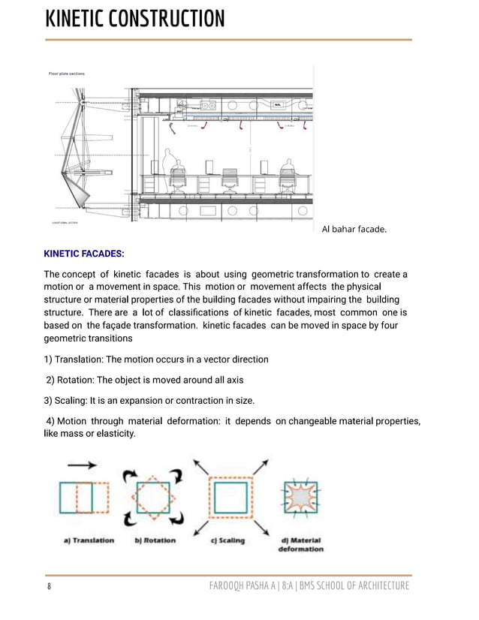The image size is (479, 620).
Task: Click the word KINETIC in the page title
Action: (83, 19)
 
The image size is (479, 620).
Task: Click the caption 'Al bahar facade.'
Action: (354, 229)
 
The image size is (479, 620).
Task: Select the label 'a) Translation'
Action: (89, 540)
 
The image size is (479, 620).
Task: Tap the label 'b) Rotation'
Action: (155, 540)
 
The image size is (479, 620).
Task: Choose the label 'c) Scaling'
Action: (227, 540)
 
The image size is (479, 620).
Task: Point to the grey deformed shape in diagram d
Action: (300, 498)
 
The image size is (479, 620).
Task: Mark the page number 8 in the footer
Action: (49, 586)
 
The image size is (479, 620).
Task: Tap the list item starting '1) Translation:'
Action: (156, 359)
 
